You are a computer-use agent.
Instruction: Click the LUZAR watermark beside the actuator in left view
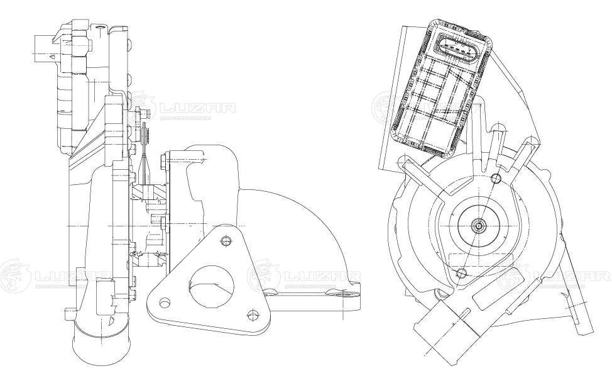(198, 109)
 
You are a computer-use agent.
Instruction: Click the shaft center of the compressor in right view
(479, 225)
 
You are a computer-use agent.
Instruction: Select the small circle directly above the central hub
(496, 178)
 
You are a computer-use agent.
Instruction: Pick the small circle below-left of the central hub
(461, 272)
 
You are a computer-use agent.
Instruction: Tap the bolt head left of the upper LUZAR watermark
(143, 114)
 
